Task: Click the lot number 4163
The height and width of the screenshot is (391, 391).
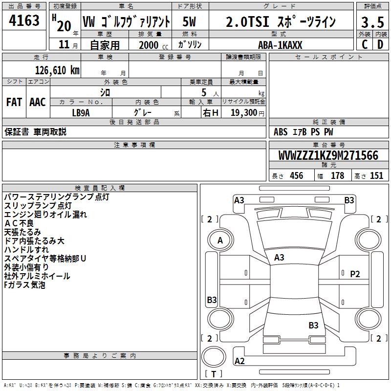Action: [x=24, y=21]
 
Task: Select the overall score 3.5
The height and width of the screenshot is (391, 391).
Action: [x=371, y=22]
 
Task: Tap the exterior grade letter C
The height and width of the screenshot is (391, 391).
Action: [x=364, y=44]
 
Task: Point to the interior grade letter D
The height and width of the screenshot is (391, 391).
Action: [x=380, y=44]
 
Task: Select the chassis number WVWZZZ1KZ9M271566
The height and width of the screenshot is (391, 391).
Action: [x=328, y=155]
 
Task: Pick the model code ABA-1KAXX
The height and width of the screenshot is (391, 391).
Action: [x=281, y=45]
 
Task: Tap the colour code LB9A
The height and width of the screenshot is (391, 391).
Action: [x=81, y=112]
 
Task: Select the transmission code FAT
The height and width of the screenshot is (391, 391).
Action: [x=14, y=102]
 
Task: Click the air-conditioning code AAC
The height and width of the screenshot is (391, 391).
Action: [x=38, y=102]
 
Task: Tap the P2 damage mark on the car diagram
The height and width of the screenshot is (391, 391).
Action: [x=355, y=274]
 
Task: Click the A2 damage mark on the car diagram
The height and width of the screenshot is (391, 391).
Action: [x=239, y=361]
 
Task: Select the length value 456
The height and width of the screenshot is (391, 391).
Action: [x=296, y=176]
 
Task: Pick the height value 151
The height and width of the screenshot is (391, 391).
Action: [x=376, y=176]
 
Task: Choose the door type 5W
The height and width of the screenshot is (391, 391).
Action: [x=190, y=22]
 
